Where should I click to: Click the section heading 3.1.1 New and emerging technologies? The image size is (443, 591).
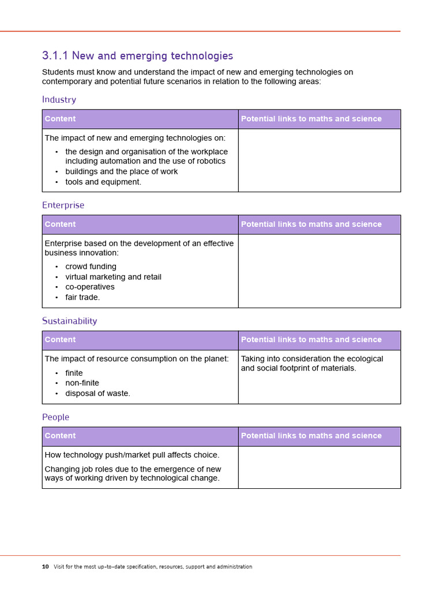(137, 56)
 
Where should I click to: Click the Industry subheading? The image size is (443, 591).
(59, 100)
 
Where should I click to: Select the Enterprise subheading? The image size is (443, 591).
(63, 205)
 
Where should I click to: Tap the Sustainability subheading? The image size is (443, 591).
(69, 321)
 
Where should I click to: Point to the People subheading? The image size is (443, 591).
(55, 417)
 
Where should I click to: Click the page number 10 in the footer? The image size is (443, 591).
(45, 567)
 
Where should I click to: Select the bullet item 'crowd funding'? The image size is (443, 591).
(91, 267)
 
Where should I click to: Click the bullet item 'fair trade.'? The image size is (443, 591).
(82, 297)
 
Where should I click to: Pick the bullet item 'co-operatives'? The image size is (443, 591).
(90, 287)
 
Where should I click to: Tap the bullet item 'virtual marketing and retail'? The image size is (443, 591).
(113, 277)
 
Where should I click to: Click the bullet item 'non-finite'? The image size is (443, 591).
(82, 383)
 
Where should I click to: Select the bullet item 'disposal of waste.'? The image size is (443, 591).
(97, 394)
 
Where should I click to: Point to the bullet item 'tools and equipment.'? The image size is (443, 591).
(103, 182)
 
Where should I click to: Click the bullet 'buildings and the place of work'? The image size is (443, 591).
(121, 171)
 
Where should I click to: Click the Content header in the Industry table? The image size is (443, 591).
(60, 119)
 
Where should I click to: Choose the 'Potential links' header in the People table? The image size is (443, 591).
(311, 436)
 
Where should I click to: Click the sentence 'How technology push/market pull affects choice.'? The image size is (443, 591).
(132, 455)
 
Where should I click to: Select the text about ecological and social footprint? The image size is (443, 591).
(311, 363)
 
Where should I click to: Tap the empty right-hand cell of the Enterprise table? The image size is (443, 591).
(319, 271)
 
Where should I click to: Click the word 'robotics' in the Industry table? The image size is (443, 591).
(209, 161)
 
